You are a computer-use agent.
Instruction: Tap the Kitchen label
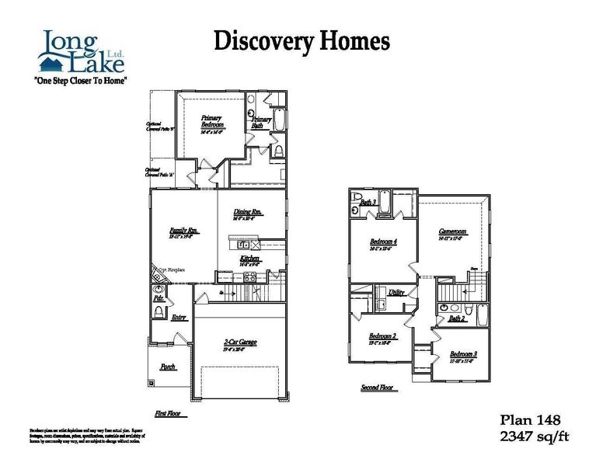coord(249,259)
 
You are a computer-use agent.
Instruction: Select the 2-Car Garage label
coord(239,343)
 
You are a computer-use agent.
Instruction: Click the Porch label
coord(168,367)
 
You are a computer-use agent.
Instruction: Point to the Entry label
coord(180,316)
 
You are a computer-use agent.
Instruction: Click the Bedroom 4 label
coord(383,242)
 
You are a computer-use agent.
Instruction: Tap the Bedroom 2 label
coord(382,336)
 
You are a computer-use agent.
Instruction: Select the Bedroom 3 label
coord(463,353)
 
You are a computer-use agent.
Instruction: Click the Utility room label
coord(396,293)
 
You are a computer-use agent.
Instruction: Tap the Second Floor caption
coord(378,388)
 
